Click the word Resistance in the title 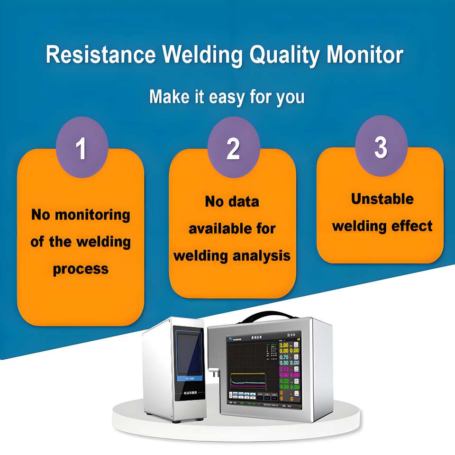click(100, 55)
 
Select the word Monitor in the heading click(364, 55)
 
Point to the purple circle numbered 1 click(82, 148)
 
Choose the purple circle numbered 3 click(381, 146)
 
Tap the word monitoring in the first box click(92, 215)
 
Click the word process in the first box click(81, 269)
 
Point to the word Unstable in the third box click(382, 199)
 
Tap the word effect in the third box click(413, 226)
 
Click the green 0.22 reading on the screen click(283, 381)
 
